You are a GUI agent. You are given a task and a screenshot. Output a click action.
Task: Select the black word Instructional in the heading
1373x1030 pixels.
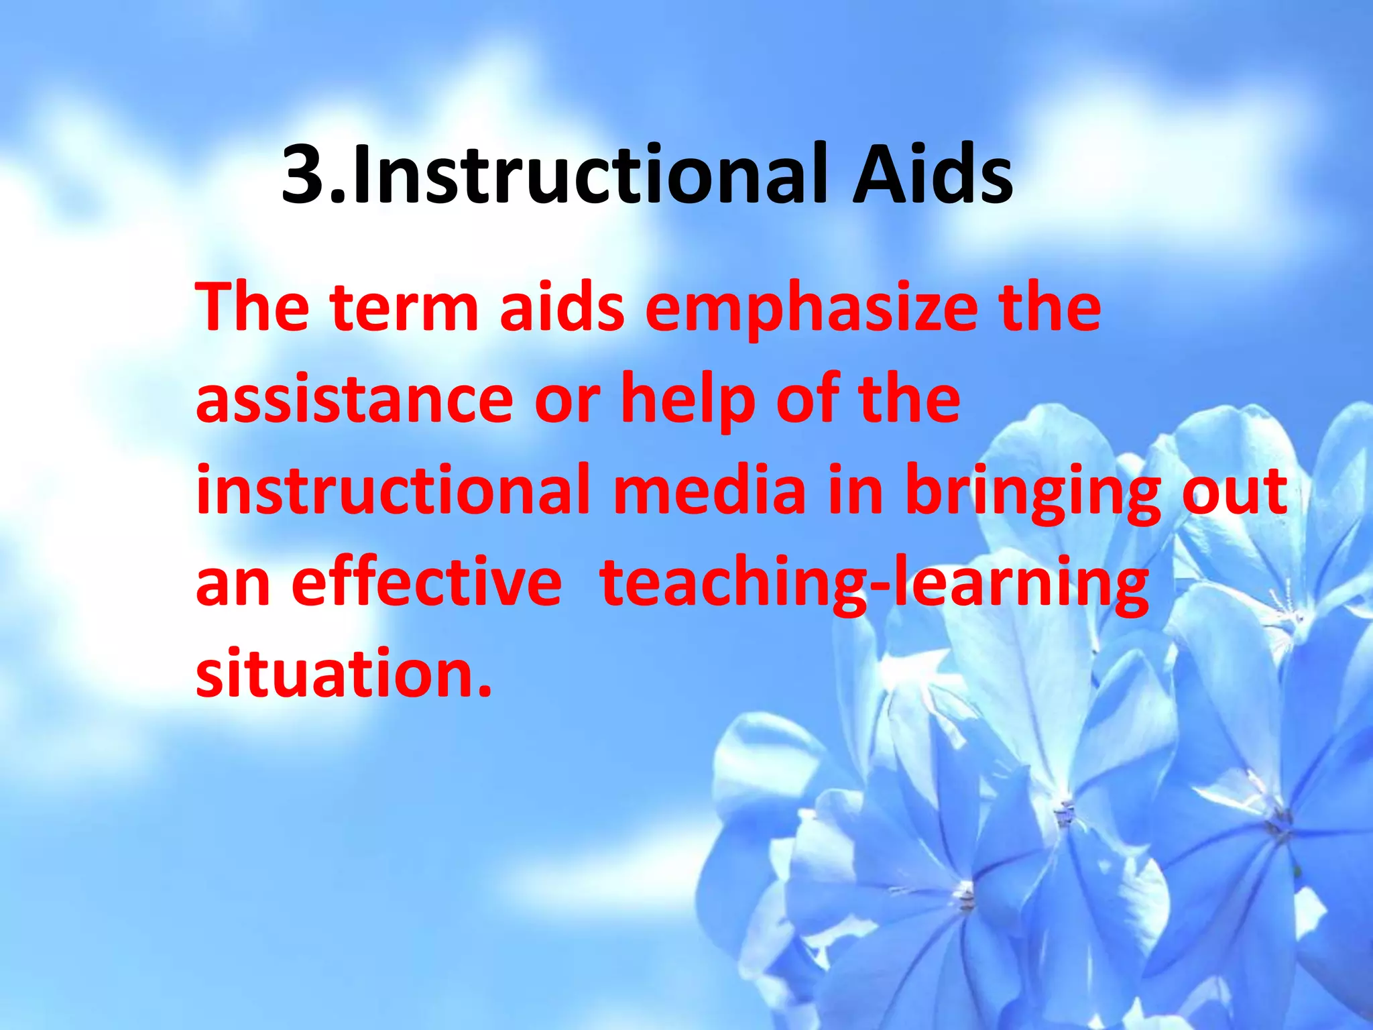click(590, 176)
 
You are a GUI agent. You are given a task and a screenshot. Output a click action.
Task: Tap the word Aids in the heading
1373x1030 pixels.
click(932, 176)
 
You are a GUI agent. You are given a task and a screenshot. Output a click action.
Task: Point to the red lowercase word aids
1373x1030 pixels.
click(562, 308)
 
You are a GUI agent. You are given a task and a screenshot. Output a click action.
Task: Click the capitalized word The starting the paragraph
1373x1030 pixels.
click(252, 308)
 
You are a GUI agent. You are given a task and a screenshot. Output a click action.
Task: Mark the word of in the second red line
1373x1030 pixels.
click(808, 400)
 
